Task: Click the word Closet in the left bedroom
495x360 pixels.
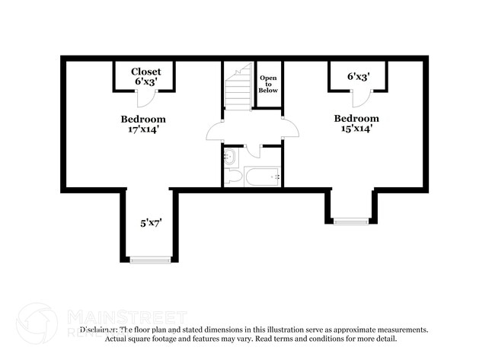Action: click(x=145, y=72)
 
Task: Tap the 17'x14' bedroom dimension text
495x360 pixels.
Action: click(x=143, y=129)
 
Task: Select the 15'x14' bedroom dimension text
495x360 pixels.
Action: click(x=357, y=129)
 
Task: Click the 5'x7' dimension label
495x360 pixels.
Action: click(x=149, y=223)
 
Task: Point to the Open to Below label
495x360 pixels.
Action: click(x=268, y=84)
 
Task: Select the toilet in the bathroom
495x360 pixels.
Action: click(x=233, y=177)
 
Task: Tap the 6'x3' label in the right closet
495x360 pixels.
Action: click(x=358, y=76)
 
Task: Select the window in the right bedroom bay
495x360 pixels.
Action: click(x=351, y=221)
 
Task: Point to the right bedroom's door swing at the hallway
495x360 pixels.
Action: click(x=289, y=129)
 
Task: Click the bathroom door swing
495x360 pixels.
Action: click(x=254, y=149)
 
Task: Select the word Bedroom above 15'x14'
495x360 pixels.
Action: click(x=357, y=118)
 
